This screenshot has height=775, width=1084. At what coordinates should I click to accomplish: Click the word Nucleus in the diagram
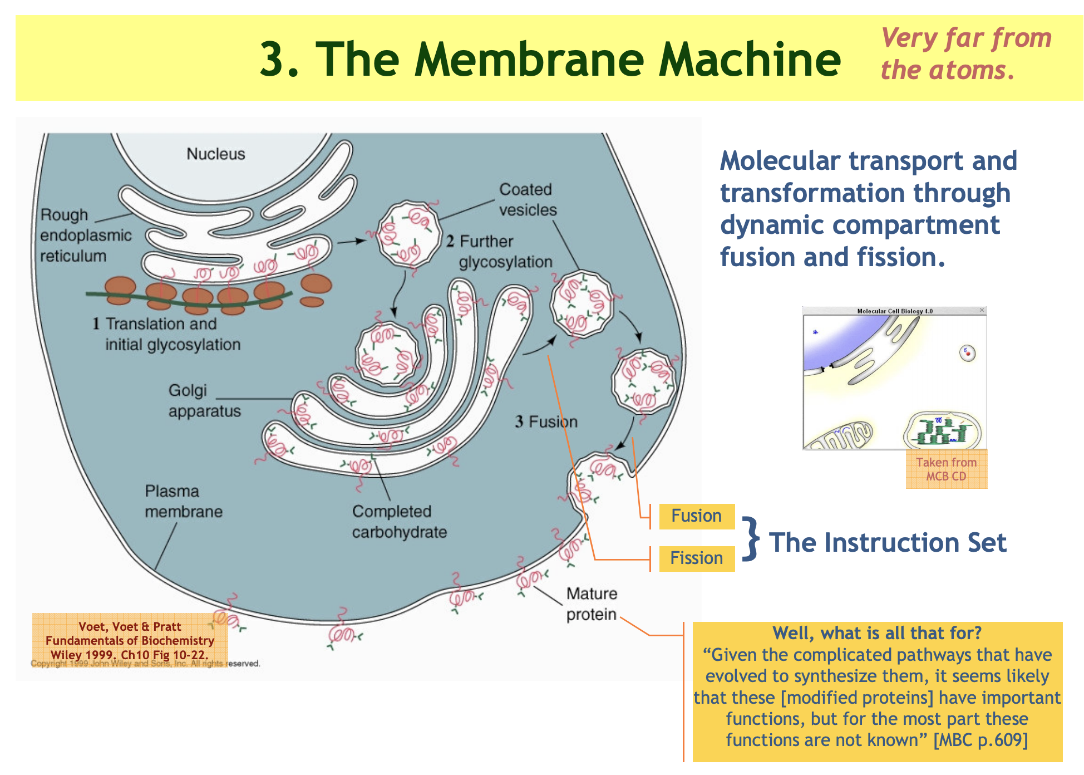215,154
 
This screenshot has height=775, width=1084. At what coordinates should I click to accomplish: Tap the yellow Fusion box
696,516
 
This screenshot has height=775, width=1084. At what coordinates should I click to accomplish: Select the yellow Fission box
696,558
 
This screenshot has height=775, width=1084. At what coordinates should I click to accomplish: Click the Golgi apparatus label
204,401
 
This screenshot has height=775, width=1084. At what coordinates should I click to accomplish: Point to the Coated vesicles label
528,200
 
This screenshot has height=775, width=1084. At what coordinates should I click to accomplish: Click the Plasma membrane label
184,501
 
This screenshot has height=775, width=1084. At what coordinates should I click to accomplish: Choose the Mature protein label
592,604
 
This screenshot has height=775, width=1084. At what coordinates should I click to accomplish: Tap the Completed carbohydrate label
399,522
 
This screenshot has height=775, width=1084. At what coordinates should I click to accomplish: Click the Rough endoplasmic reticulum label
86,235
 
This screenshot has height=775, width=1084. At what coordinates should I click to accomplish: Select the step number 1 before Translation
96,323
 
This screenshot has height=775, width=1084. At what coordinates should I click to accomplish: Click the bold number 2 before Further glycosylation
450,241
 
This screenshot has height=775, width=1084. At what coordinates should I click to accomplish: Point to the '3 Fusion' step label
546,421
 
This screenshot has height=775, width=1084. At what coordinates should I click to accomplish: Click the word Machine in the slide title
750,60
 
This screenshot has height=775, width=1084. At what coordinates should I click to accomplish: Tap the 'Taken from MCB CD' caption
946,469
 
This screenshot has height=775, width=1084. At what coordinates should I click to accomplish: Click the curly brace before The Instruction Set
751,538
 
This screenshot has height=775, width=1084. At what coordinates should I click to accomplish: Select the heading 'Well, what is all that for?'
876,633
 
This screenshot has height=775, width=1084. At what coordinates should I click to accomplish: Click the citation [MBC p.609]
980,740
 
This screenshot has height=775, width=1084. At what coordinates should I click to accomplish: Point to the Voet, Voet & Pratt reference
130,640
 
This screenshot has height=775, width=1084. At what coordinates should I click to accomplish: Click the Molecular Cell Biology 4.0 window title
894,311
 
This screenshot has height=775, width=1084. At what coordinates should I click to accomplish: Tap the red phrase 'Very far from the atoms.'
965,54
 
